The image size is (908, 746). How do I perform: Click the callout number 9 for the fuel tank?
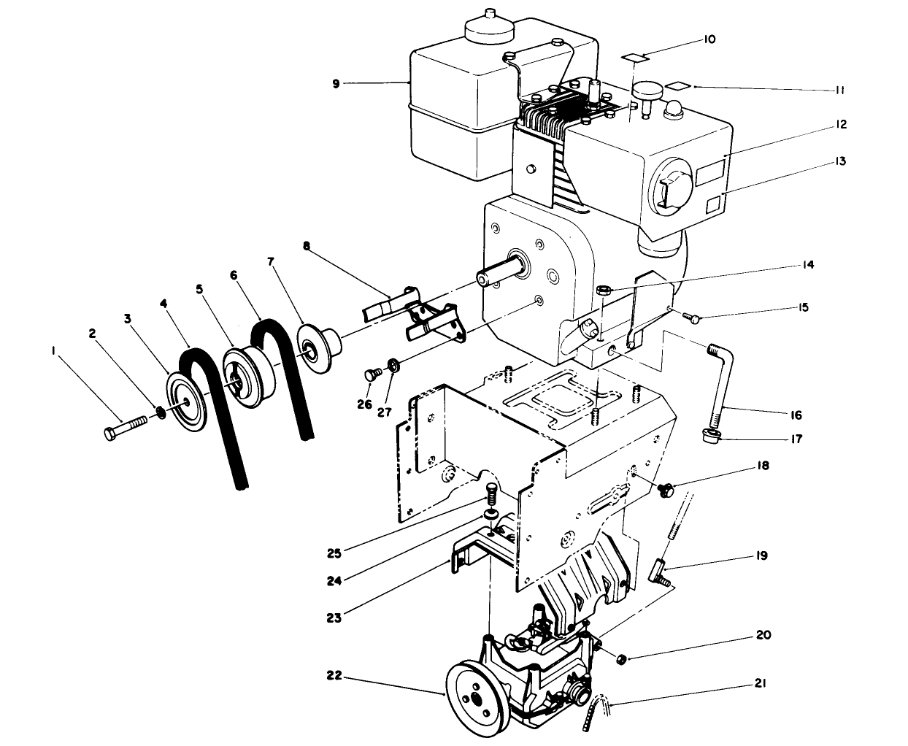pyautogui.click(x=336, y=84)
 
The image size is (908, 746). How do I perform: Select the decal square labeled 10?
pyautogui.click(x=634, y=57)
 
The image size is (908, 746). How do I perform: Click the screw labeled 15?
pyautogui.click(x=692, y=317)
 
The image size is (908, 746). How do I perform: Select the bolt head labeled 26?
pyautogui.click(x=371, y=375)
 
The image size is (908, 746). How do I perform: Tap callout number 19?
pyautogui.click(x=761, y=556)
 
